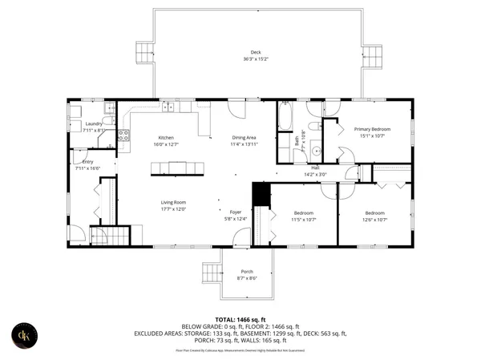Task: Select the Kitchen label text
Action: (165, 137)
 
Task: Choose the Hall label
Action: (316, 168)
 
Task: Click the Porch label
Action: (246, 272)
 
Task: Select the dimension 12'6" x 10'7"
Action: (374, 219)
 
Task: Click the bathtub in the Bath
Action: (285, 118)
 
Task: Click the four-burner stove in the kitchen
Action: (123, 136)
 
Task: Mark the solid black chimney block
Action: (259, 196)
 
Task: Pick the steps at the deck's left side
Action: (143, 52)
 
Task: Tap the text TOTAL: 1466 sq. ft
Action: (240, 318)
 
